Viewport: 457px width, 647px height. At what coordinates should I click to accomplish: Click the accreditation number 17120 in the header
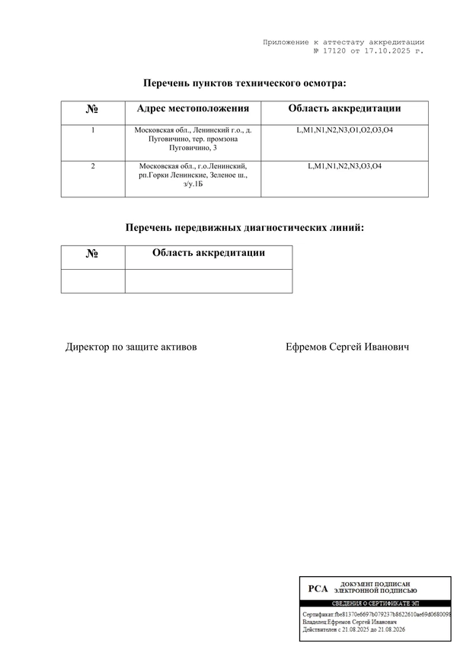(334, 50)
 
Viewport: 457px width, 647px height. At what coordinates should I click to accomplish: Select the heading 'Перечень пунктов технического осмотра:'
(244, 82)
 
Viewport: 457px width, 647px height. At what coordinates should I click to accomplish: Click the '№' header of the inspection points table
(92, 110)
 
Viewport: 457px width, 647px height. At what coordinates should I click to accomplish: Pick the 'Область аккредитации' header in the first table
(344, 109)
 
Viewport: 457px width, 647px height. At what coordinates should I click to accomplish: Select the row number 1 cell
(92, 130)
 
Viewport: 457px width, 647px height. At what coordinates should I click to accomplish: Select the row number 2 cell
(92, 166)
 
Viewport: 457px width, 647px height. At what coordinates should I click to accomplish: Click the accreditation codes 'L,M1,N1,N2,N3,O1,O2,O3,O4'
(344, 130)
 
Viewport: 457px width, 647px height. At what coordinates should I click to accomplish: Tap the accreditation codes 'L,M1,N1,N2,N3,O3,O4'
(344, 166)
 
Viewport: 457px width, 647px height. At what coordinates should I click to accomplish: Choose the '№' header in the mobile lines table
(92, 255)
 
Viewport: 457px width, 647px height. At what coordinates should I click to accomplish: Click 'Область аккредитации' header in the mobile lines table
(208, 253)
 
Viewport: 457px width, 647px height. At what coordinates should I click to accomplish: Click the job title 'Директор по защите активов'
(131, 347)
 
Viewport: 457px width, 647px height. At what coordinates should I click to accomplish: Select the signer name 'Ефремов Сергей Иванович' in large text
(347, 347)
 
